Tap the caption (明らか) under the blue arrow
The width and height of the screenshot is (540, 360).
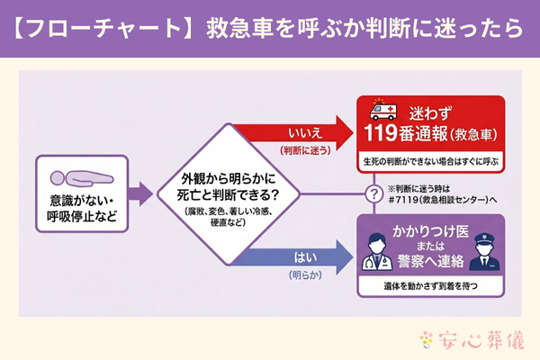click(x=301, y=274)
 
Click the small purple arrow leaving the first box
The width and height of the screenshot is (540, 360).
click(x=139, y=191)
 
